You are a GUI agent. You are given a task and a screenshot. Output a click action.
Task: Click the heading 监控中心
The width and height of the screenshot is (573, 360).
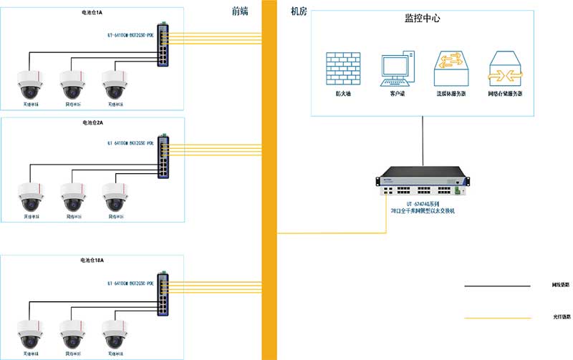[x=423, y=19]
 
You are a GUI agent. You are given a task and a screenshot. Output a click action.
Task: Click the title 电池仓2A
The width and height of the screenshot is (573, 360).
[x=93, y=123]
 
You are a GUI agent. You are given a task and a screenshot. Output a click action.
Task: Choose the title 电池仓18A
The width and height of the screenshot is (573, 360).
[x=93, y=261]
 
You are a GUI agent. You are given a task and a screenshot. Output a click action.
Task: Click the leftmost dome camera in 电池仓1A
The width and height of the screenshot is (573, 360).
[x=32, y=84]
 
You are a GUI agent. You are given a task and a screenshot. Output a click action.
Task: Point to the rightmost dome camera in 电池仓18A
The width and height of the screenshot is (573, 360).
[x=115, y=332]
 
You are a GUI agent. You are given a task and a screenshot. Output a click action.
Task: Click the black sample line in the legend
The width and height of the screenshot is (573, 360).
[x=498, y=286]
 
